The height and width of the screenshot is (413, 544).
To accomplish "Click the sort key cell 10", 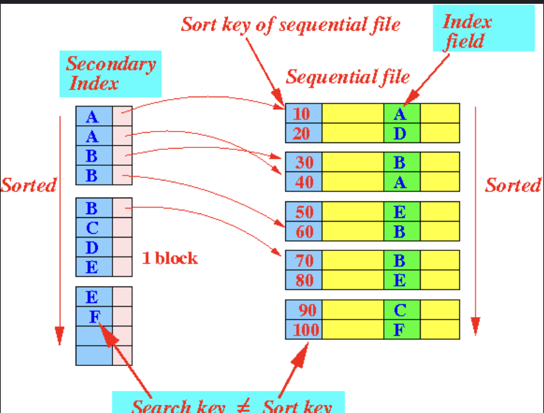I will coord(303,114).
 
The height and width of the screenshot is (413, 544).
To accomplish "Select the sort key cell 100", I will coord(303,330).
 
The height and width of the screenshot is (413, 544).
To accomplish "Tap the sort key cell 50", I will coord(303,212).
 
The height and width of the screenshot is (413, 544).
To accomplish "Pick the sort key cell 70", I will coord(303,261).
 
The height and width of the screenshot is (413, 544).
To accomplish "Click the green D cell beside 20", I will coord(401,133).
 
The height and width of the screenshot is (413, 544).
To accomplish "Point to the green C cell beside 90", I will coord(401,310).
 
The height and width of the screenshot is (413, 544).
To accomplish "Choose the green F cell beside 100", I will coord(401,330).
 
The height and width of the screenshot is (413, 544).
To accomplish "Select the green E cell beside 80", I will coord(401,280).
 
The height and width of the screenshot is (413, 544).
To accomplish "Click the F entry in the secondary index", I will coord(93,316).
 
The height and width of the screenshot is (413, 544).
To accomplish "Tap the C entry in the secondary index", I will coord(93,227).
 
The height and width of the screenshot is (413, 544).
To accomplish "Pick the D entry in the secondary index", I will coord(93,247).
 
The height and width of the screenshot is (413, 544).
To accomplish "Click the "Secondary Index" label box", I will coord(111,74).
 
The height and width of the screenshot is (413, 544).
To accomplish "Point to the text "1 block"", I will coord(168,259).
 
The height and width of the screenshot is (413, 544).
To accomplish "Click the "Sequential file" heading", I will coord(347,77).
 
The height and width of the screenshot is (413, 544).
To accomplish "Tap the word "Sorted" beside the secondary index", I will coord(28,186).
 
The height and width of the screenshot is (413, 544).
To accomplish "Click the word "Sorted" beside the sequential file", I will coord(512,186).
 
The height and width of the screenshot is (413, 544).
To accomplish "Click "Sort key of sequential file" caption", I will coord(290,25).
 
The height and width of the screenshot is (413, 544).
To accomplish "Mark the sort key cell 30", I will coord(303,163).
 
